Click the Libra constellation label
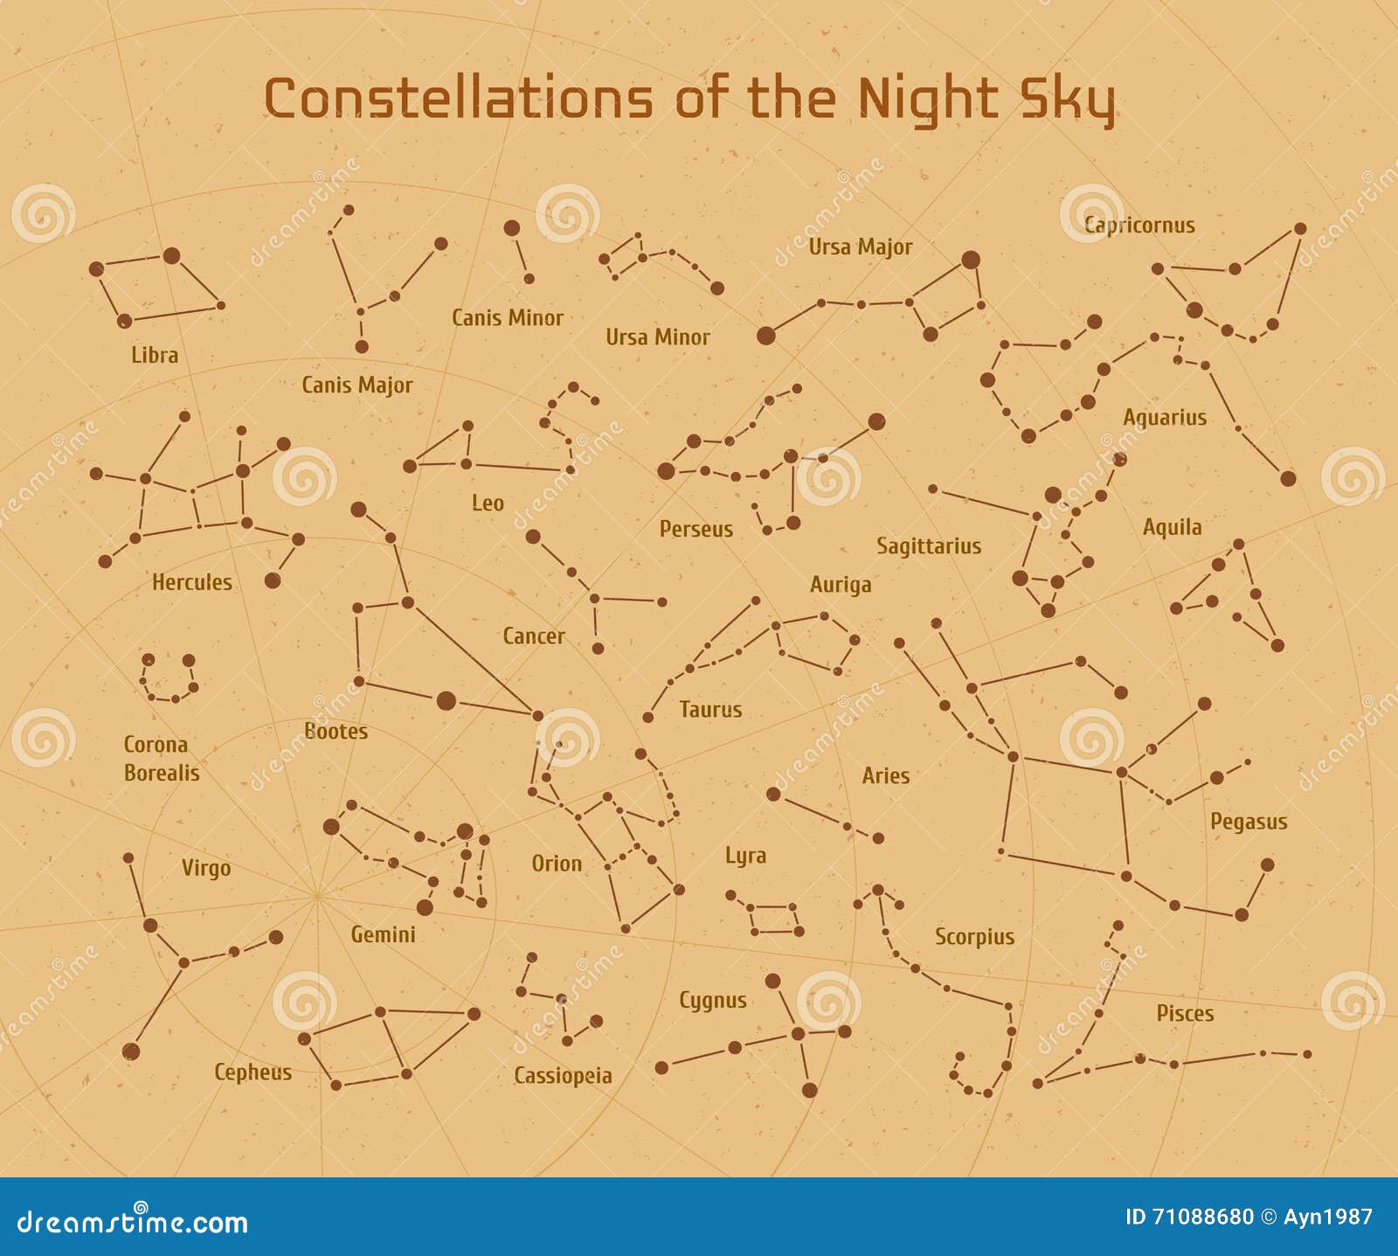tap(155, 355)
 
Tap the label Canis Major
tap(356, 385)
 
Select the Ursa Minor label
tap(657, 337)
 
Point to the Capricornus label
tap(1138, 225)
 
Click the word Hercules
tap(191, 582)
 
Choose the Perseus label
tap(696, 529)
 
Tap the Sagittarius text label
tap(928, 546)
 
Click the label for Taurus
tap(709, 709)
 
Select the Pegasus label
tap(1248, 822)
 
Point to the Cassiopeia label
tap(562, 1075)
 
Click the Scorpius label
tap(974, 937)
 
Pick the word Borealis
tap(162, 773)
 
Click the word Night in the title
tap(927, 99)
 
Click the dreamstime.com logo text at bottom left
tap(133, 1221)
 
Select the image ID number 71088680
tap(1203, 1217)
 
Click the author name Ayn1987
tap(1327, 1217)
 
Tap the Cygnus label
tap(712, 1000)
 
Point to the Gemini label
tap(383, 934)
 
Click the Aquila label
tap(1172, 527)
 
